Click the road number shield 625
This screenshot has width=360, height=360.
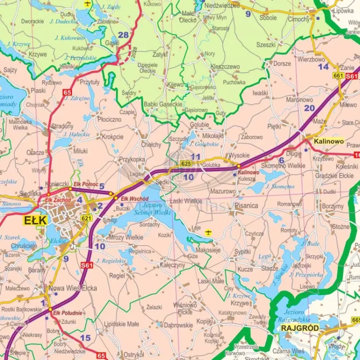coord(187,164)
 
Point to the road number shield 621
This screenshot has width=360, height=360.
coord(86,218)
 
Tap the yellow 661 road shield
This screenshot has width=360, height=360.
coord(338,76)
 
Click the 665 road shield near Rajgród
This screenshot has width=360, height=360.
coord(355,320)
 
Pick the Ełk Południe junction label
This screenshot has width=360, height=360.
coord(68,313)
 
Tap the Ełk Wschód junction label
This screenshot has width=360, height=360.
coord(131,199)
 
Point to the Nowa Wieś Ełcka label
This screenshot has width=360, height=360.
coord(72,288)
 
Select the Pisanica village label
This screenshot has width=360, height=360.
coord(246,206)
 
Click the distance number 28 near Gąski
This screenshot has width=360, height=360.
coord(123,35)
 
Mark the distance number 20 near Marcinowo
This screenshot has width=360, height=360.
coord(309,108)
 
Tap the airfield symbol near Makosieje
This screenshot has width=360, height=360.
coord(208,232)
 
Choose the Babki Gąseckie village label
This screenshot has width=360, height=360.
coord(163,104)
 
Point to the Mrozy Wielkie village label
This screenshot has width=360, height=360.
coord(126,237)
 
